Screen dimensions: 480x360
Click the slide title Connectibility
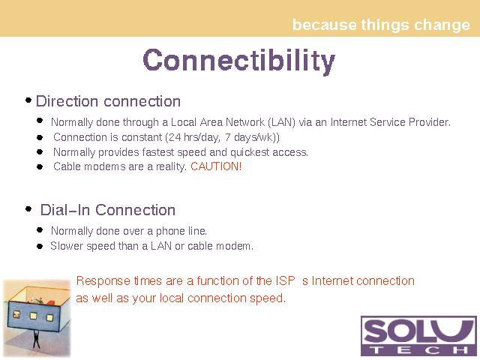[x=238, y=61]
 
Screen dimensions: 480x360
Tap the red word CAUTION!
[x=216, y=166]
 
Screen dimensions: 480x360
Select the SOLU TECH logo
[x=418, y=336]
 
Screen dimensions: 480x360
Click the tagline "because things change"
[x=381, y=25]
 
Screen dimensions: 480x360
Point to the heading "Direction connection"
[x=108, y=101]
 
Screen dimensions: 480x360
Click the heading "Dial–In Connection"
[x=108, y=210]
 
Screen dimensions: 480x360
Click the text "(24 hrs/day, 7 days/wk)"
[x=221, y=137]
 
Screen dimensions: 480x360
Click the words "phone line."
[x=181, y=231]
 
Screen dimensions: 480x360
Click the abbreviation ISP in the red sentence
[x=285, y=280]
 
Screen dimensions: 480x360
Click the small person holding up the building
[x=36, y=339]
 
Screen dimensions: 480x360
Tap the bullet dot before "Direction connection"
[x=28, y=100]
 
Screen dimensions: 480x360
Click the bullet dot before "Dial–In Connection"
[x=28, y=209]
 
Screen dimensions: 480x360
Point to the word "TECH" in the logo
[x=418, y=350]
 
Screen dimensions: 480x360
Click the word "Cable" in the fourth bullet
[x=67, y=166]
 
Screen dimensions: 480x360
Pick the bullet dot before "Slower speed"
[x=40, y=246]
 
